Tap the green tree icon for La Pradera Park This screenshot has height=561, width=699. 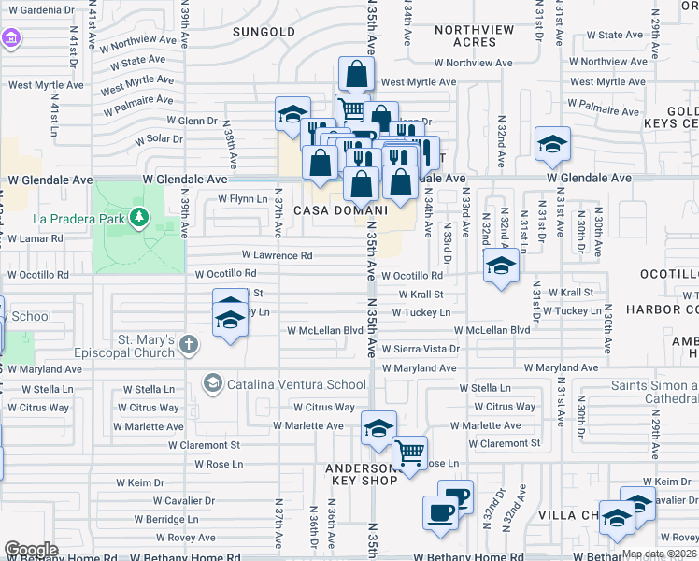139,218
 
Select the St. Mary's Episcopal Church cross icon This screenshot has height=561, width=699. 188,345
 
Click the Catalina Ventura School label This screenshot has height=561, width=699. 296,384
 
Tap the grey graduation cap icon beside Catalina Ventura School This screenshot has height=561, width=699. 213,383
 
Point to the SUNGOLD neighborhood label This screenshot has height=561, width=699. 264,32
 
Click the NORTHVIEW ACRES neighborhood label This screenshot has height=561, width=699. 474,36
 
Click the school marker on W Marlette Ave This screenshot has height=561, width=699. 378,428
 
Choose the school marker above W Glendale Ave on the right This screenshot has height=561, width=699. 552,143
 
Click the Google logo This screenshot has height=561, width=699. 31,550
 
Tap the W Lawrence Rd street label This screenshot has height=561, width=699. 277,254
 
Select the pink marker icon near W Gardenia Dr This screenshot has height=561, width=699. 11,39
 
